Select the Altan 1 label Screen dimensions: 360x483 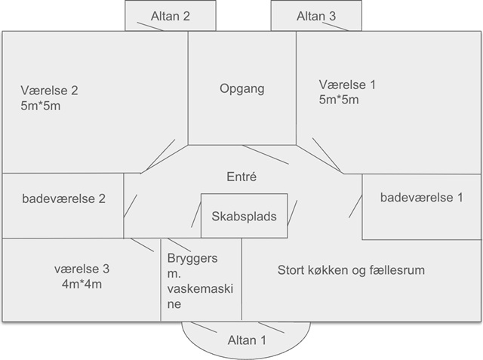click(x=247, y=340)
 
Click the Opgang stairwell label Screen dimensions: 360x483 click(x=241, y=89)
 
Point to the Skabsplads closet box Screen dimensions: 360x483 click(x=238, y=216)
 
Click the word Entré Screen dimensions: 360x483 click(x=241, y=177)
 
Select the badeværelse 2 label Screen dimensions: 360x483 click(x=63, y=199)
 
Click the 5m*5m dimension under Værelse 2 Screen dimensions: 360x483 click(x=42, y=106)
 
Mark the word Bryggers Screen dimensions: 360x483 click(x=192, y=259)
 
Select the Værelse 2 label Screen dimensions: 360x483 click(x=50, y=90)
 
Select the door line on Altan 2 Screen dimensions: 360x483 click(x=150, y=25)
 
